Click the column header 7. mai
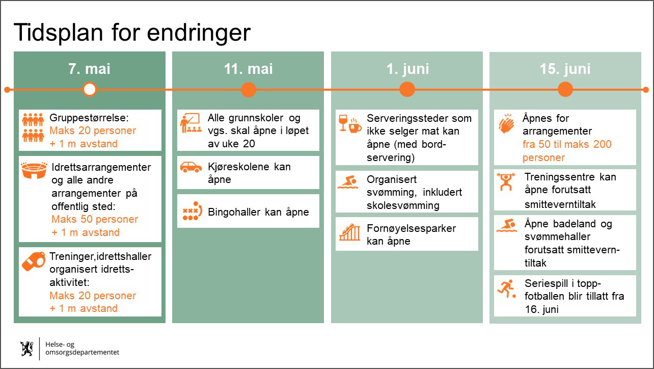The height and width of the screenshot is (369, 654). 89,69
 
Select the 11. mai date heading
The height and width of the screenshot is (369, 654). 248,69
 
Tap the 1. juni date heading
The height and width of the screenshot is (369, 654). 407,69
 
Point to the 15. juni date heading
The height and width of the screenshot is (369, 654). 565,69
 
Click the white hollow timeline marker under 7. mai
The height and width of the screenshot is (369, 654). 89,89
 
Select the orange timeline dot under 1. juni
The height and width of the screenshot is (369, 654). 407,89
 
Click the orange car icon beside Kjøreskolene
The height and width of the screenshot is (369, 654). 190,167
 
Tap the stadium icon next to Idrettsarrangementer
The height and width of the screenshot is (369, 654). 34,170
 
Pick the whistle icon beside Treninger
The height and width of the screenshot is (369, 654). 33,261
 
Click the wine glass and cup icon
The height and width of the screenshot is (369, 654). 350,124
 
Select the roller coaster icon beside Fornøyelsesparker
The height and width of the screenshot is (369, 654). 349,232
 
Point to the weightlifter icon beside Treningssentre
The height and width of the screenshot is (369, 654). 506,181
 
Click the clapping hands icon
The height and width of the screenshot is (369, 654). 506,123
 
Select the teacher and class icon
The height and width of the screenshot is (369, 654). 190,123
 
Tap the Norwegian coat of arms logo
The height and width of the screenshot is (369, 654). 27,348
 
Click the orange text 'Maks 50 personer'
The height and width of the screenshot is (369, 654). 95,219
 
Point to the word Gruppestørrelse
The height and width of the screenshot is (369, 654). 89,118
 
